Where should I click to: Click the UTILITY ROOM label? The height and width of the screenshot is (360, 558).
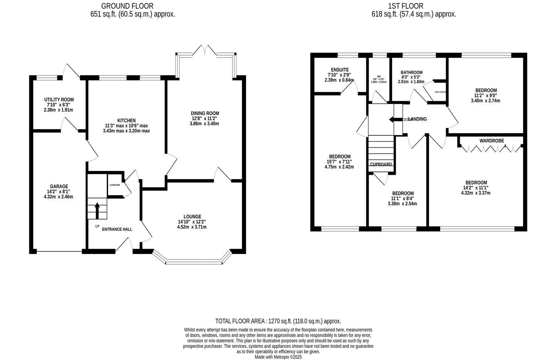tap(59, 100)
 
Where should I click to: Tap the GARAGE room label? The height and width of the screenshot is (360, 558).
tap(59, 186)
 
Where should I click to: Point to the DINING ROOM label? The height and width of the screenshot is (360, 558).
tap(205, 113)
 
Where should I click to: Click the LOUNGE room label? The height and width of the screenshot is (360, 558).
tap(192, 216)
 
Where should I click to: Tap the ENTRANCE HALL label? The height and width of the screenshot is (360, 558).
tap(117, 229)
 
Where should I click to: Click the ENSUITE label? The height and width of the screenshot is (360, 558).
tap(340, 70)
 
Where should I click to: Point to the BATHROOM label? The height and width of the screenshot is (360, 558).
tap(411, 72)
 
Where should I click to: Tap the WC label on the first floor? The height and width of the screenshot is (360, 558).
tap(379, 76)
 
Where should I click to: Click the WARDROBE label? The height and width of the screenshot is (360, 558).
tap(492, 141)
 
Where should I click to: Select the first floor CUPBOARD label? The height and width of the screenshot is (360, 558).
tap(381, 164)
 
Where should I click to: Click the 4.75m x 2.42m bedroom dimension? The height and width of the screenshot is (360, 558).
tap(339, 167)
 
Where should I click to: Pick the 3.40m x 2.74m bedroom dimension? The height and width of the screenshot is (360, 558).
tap(486, 100)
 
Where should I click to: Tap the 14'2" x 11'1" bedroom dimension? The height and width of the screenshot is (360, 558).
tap(476, 188)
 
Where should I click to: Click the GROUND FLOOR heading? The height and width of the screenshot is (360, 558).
tap(127, 6)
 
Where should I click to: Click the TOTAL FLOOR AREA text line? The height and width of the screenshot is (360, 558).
tap(278, 321)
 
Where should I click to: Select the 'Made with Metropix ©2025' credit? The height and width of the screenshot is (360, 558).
tap(278, 357)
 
